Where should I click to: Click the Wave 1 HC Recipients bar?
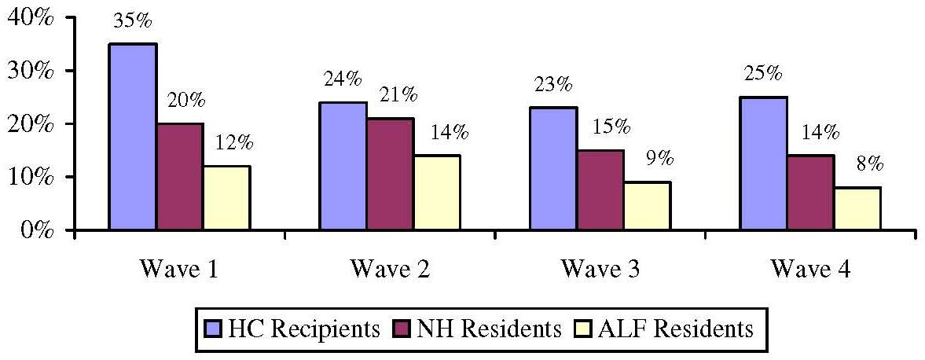coord(132,137)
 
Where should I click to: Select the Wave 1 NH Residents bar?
coord(180,177)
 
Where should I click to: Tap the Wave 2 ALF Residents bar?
coord(437,193)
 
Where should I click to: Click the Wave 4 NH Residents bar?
coord(810,193)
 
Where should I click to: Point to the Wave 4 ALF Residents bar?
coord(857,208)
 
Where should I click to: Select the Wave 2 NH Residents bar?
coord(390,174)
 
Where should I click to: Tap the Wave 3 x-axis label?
coord(600,269)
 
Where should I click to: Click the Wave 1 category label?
coord(179,269)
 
